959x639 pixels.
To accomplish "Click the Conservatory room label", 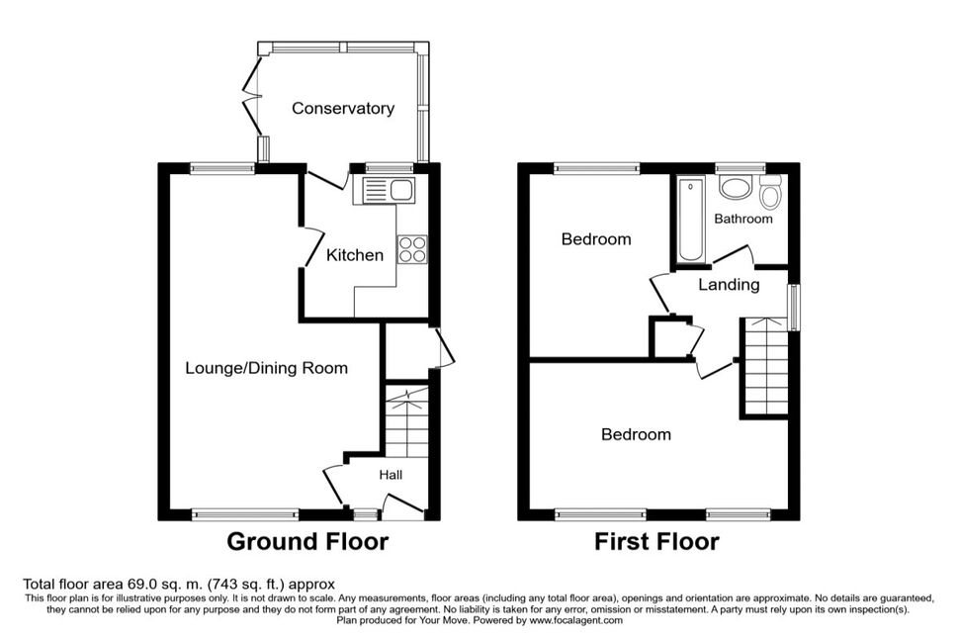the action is [x=342, y=109].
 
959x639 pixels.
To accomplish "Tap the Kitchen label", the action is [x=355, y=254].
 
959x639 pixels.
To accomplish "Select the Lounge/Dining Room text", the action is [x=266, y=368].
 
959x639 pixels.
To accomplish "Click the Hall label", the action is [x=391, y=475].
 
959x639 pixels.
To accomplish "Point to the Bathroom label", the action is [x=743, y=219].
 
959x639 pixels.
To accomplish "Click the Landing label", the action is [x=729, y=285].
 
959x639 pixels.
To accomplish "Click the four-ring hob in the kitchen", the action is [x=412, y=249].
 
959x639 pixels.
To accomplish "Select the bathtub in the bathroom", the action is [x=691, y=220].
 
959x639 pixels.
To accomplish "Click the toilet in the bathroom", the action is [x=770, y=193].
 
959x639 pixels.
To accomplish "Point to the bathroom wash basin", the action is [x=735, y=188].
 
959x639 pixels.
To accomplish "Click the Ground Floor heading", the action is [x=307, y=542].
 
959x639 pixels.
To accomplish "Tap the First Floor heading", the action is [x=656, y=542].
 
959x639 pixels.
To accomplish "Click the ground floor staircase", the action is [x=406, y=421].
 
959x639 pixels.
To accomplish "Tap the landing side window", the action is [x=794, y=307].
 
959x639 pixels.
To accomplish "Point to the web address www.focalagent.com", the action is [x=575, y=620].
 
